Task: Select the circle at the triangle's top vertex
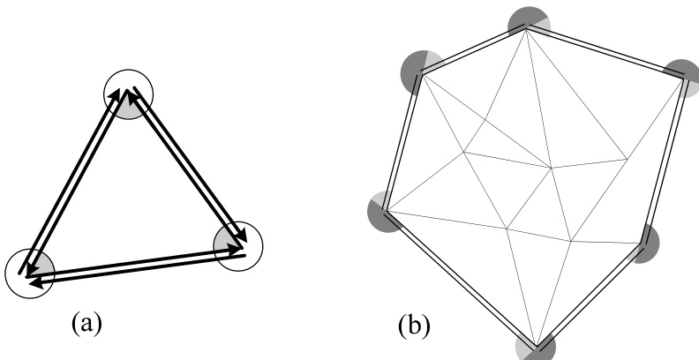pyautogui.click(x=129, y=94)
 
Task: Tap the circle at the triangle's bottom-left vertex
pyautogui.click(x=29, y=273)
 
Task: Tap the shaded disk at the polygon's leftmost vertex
pyautogui.click(x=386, y=212)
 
